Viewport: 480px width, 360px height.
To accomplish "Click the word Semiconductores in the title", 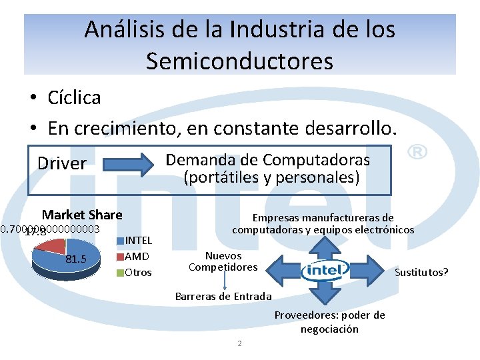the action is point(239,61).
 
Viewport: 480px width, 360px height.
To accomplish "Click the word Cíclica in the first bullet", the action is point(74,98).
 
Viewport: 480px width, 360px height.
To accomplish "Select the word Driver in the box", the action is point(62,163).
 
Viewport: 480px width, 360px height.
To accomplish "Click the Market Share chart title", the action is point(82,215).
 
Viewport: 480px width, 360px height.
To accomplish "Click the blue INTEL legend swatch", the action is point(121,241).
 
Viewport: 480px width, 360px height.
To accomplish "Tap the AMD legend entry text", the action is point(137,257).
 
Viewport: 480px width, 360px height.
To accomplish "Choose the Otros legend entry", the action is point(138,273).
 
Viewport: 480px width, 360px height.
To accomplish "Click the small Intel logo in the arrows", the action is point(325,270).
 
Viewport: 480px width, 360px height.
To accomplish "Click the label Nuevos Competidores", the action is point(223,261).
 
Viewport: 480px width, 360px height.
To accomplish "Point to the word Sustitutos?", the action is point(421,272).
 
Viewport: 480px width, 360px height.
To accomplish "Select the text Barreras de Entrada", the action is point(223,296).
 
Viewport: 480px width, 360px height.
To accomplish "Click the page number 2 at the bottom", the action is point(239,343).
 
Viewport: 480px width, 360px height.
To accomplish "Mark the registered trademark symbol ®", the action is point(416,153).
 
